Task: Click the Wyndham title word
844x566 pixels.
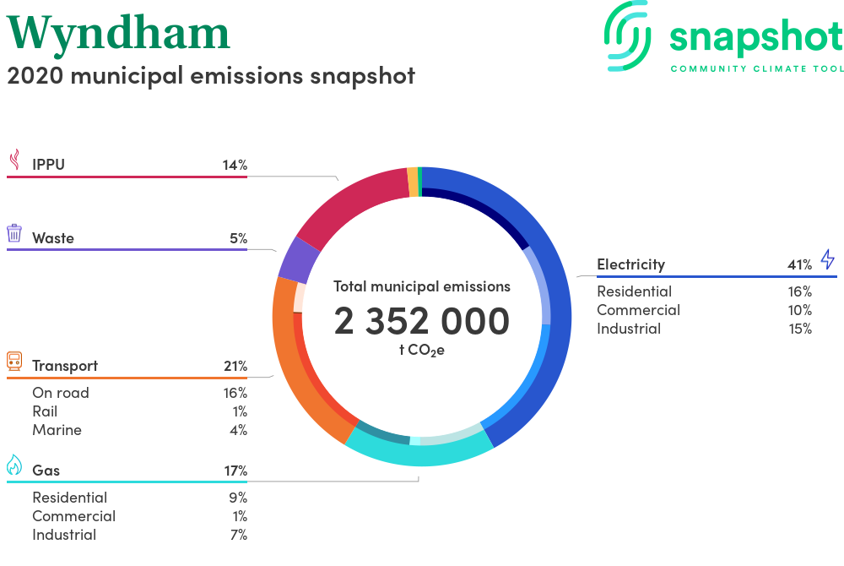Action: click(118, 35)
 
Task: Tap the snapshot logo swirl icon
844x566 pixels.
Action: click(627, 36)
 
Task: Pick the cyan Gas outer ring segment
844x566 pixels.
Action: click(419, 455)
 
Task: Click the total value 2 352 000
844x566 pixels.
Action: click(421, 321)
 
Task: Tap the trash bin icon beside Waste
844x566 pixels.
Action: click(14, 233)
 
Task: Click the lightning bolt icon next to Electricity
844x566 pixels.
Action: click(827, 259)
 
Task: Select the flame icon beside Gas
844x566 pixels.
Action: click(14, 465)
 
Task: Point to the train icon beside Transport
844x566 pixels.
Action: click(14, 361)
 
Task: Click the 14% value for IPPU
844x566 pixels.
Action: click(235, 165)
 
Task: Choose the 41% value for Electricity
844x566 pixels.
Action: click(800, 264)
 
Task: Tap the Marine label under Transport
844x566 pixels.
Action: click(57, 430)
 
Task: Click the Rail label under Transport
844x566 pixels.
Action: click(45, 411)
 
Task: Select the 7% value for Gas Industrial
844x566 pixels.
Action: click(239, 535)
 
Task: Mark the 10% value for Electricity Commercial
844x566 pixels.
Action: click(800, 310)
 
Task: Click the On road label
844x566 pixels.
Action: click(61, 393)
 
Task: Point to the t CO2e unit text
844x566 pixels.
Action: click(422, 350)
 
